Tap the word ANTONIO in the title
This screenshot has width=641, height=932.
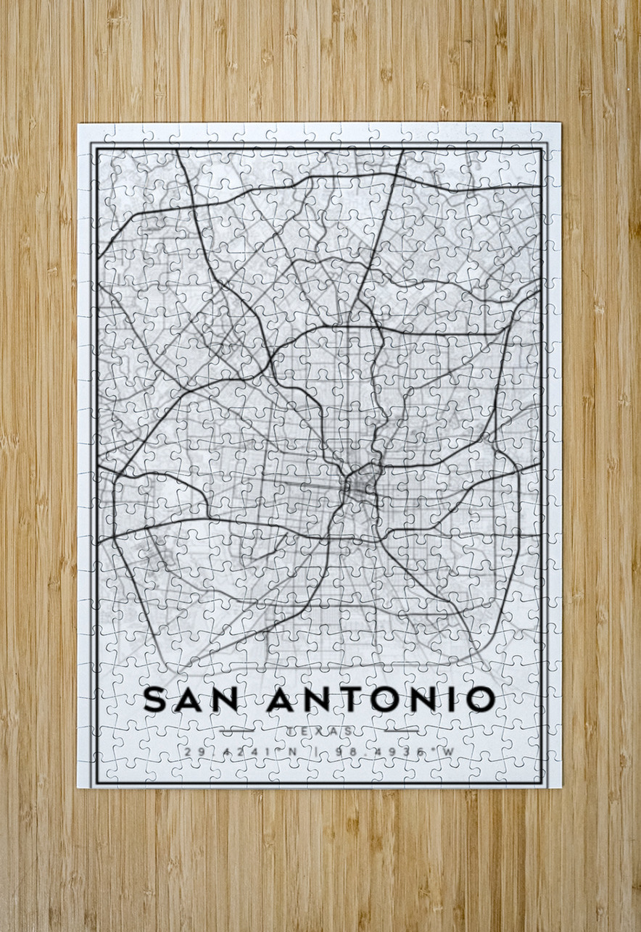[x=381, y=699]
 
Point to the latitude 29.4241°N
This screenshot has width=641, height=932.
[x=241, y=752]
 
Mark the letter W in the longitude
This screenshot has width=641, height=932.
[x=447, y=752]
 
